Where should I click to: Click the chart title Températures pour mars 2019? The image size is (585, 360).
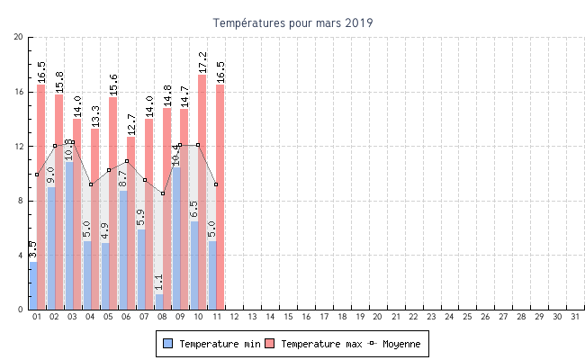tap(292, 22)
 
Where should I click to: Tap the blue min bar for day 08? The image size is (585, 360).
tap(159, 301)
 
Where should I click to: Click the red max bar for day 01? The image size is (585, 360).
tap(41, 197)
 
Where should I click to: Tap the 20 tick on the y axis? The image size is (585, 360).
tap(19, 37)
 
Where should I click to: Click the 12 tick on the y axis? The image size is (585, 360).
tap(19, 146)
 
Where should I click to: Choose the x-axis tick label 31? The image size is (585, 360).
tap(574, 317)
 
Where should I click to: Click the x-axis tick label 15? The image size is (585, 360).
tap(288, 317)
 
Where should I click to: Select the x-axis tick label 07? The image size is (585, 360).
tap(145, 317)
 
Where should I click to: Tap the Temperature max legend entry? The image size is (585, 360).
tap(314, 344)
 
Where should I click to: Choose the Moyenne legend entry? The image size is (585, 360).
tap(397, 344)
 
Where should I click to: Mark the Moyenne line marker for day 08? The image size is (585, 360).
tap(163, 193)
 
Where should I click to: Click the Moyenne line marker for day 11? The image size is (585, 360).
tap(216, 184)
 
